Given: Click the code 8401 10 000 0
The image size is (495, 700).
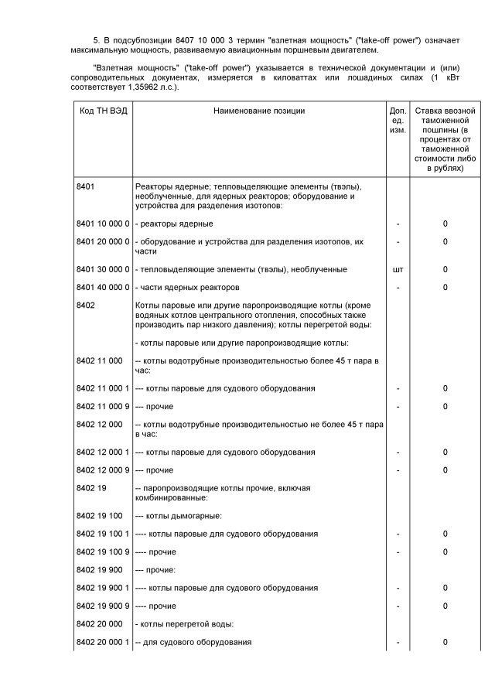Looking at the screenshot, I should tap(103, 224).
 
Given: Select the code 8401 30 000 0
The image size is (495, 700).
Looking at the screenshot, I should tap(103, 270).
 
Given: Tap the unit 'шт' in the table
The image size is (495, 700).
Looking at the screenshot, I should tap(398, 270).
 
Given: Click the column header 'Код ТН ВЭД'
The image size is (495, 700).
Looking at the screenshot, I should tap(103, 111).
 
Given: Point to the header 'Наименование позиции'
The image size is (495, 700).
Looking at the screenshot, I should tap(259, 111).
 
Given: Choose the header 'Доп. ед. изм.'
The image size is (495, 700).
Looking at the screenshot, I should tap(398, 121).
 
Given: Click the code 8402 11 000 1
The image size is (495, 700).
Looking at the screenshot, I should tap(103, 388).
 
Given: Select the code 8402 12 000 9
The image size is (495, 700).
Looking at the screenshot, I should tap(103, 470).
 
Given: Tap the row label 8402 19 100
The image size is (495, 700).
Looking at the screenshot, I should tap(100, 516).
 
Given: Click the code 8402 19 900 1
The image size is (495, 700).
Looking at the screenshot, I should tap(103, 589).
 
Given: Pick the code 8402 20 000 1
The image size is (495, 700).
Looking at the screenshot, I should tap(103, 643).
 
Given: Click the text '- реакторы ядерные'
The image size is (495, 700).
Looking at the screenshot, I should tap(174, 224).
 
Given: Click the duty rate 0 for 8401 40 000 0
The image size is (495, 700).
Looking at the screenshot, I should tap(445, 288).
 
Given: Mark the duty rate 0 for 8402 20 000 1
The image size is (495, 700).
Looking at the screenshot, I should tap(445, 643).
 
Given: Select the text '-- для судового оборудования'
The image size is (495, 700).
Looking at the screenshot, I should tap(193, 643).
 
